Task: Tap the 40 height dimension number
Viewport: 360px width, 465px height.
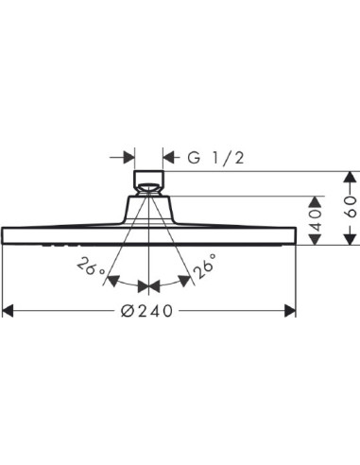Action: coord(318,220)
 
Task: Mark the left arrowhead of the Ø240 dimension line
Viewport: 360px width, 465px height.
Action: coord(9,310)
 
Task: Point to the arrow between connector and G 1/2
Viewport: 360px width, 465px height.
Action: coord(169,156)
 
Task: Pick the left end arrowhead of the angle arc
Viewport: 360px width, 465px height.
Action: coord(111,281)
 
